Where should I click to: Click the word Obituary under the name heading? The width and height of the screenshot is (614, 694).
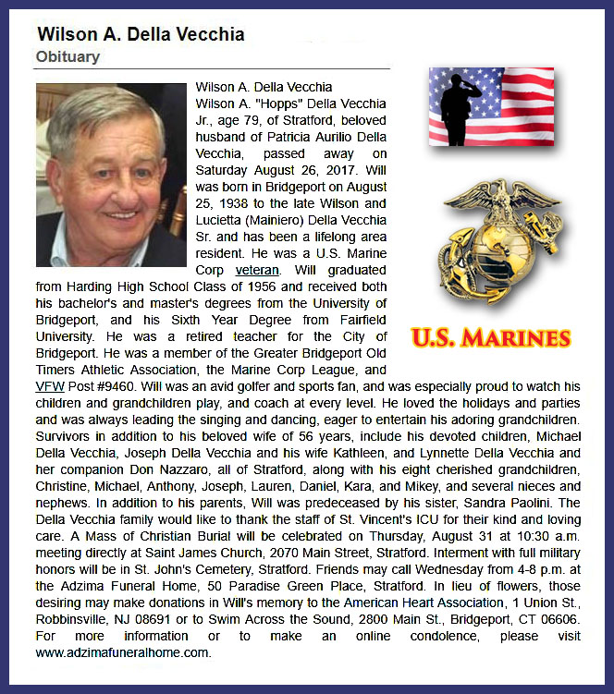coord(68,57)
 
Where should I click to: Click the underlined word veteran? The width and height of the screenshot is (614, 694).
coord(256,270)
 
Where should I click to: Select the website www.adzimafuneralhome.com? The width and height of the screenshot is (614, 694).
coord(123,652)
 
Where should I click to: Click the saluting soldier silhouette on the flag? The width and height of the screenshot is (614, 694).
coord(460,103)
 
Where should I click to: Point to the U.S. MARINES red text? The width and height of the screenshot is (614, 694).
coord(490,336)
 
